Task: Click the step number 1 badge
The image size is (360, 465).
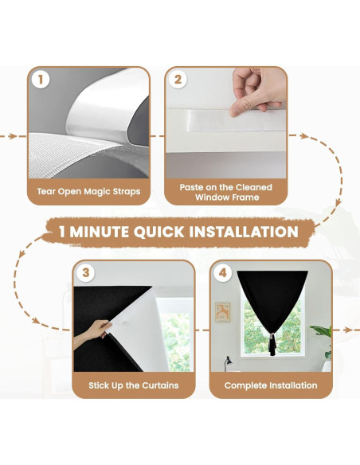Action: point(41,80)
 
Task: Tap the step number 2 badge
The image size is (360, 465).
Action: point(178,80)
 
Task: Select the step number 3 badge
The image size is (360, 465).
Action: point(86,272)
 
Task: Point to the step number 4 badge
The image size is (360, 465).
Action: point(223,272)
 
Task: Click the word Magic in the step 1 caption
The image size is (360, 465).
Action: point(95,192)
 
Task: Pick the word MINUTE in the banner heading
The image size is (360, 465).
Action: point(100,232)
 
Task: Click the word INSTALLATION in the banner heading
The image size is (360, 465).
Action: point(244,232)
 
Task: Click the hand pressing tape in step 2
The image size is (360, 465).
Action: point(257,90)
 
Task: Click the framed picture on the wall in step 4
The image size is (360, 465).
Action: point(223,312)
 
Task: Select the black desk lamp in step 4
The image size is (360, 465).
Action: point(228,364)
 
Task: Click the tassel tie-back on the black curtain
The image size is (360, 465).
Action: point(272,344)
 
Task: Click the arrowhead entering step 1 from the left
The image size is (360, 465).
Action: point(13,136)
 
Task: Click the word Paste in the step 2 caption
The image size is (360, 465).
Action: point(190,187)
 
